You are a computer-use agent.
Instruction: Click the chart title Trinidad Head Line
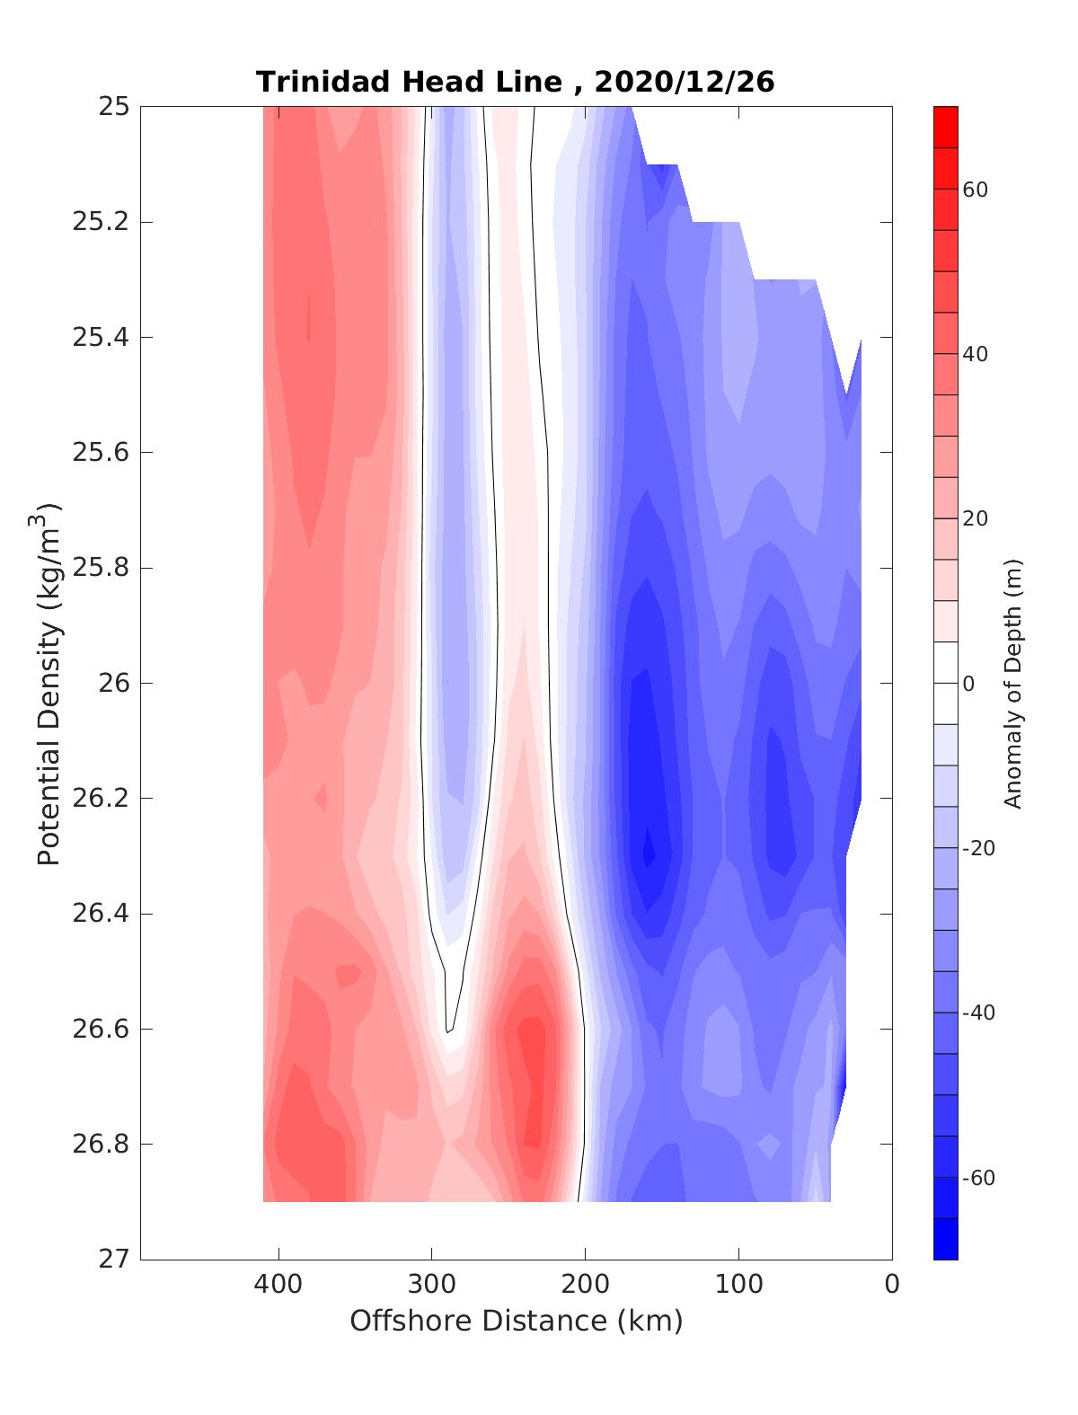[409, 82]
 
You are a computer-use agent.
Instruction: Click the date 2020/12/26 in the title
[685, 82]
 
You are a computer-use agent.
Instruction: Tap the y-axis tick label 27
[114, 1260]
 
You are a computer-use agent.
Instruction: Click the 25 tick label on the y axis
[114, 107]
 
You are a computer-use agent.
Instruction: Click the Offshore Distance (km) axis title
[516, 1321]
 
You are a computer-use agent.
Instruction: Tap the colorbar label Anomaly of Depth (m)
[1013, 683]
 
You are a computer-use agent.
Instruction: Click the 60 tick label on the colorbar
[976, 190]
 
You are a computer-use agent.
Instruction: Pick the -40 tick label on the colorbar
[978, 1013]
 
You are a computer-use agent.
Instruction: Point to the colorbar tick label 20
[976, 519]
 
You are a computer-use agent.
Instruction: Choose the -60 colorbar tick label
[978, 1178]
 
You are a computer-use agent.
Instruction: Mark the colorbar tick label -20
[978, 848]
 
